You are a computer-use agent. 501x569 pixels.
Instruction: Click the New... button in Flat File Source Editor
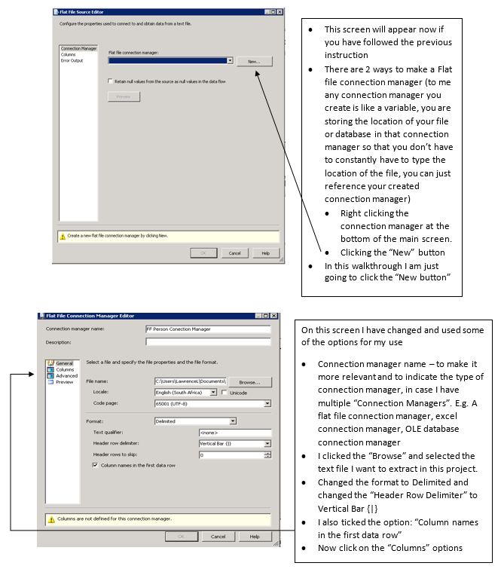point(253,61)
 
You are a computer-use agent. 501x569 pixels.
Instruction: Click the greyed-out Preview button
point(124,96)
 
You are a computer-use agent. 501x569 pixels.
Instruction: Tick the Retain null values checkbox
point(111,81)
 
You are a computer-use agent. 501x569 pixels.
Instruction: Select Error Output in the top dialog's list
point(72,60)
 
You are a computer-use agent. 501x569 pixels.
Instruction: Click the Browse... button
point(249,382)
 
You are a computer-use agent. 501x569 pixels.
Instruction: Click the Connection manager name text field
point(207,329)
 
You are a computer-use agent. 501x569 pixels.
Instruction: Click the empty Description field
point(207,341)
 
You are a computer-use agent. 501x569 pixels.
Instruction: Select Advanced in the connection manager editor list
point(66,376)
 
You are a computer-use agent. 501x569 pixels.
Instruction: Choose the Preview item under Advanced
point(65,382)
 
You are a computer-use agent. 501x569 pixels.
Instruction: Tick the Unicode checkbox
point(225,393)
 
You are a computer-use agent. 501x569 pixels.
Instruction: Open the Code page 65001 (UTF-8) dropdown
point(267,403)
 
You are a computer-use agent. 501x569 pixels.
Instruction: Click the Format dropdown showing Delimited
point(233,421)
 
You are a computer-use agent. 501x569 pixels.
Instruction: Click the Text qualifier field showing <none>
point(234,433)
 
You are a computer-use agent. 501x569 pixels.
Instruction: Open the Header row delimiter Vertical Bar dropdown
point(267,444)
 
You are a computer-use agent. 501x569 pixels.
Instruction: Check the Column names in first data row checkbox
point(95,466)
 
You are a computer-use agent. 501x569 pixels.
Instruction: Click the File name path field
point(190,382)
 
